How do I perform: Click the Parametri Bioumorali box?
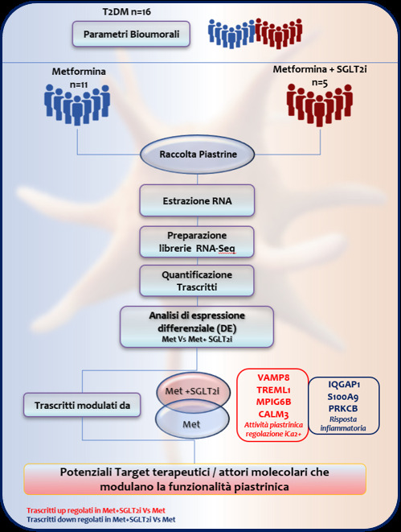131,34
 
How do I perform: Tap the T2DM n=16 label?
127,12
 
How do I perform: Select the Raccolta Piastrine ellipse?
197,155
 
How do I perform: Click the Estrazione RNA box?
197,200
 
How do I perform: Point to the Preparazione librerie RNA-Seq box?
197,241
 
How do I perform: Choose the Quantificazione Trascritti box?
197,281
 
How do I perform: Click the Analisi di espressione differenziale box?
197,327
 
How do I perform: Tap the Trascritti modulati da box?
82,405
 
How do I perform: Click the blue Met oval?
192,423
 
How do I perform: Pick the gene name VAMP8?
273,377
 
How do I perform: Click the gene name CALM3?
273,414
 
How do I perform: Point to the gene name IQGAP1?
344,385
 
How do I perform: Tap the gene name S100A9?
343,397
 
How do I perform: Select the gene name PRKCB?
343,409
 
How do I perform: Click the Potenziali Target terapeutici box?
195,480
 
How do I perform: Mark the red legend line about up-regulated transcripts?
96,510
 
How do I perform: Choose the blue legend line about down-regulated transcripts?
101,519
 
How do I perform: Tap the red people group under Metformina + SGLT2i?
320,105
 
